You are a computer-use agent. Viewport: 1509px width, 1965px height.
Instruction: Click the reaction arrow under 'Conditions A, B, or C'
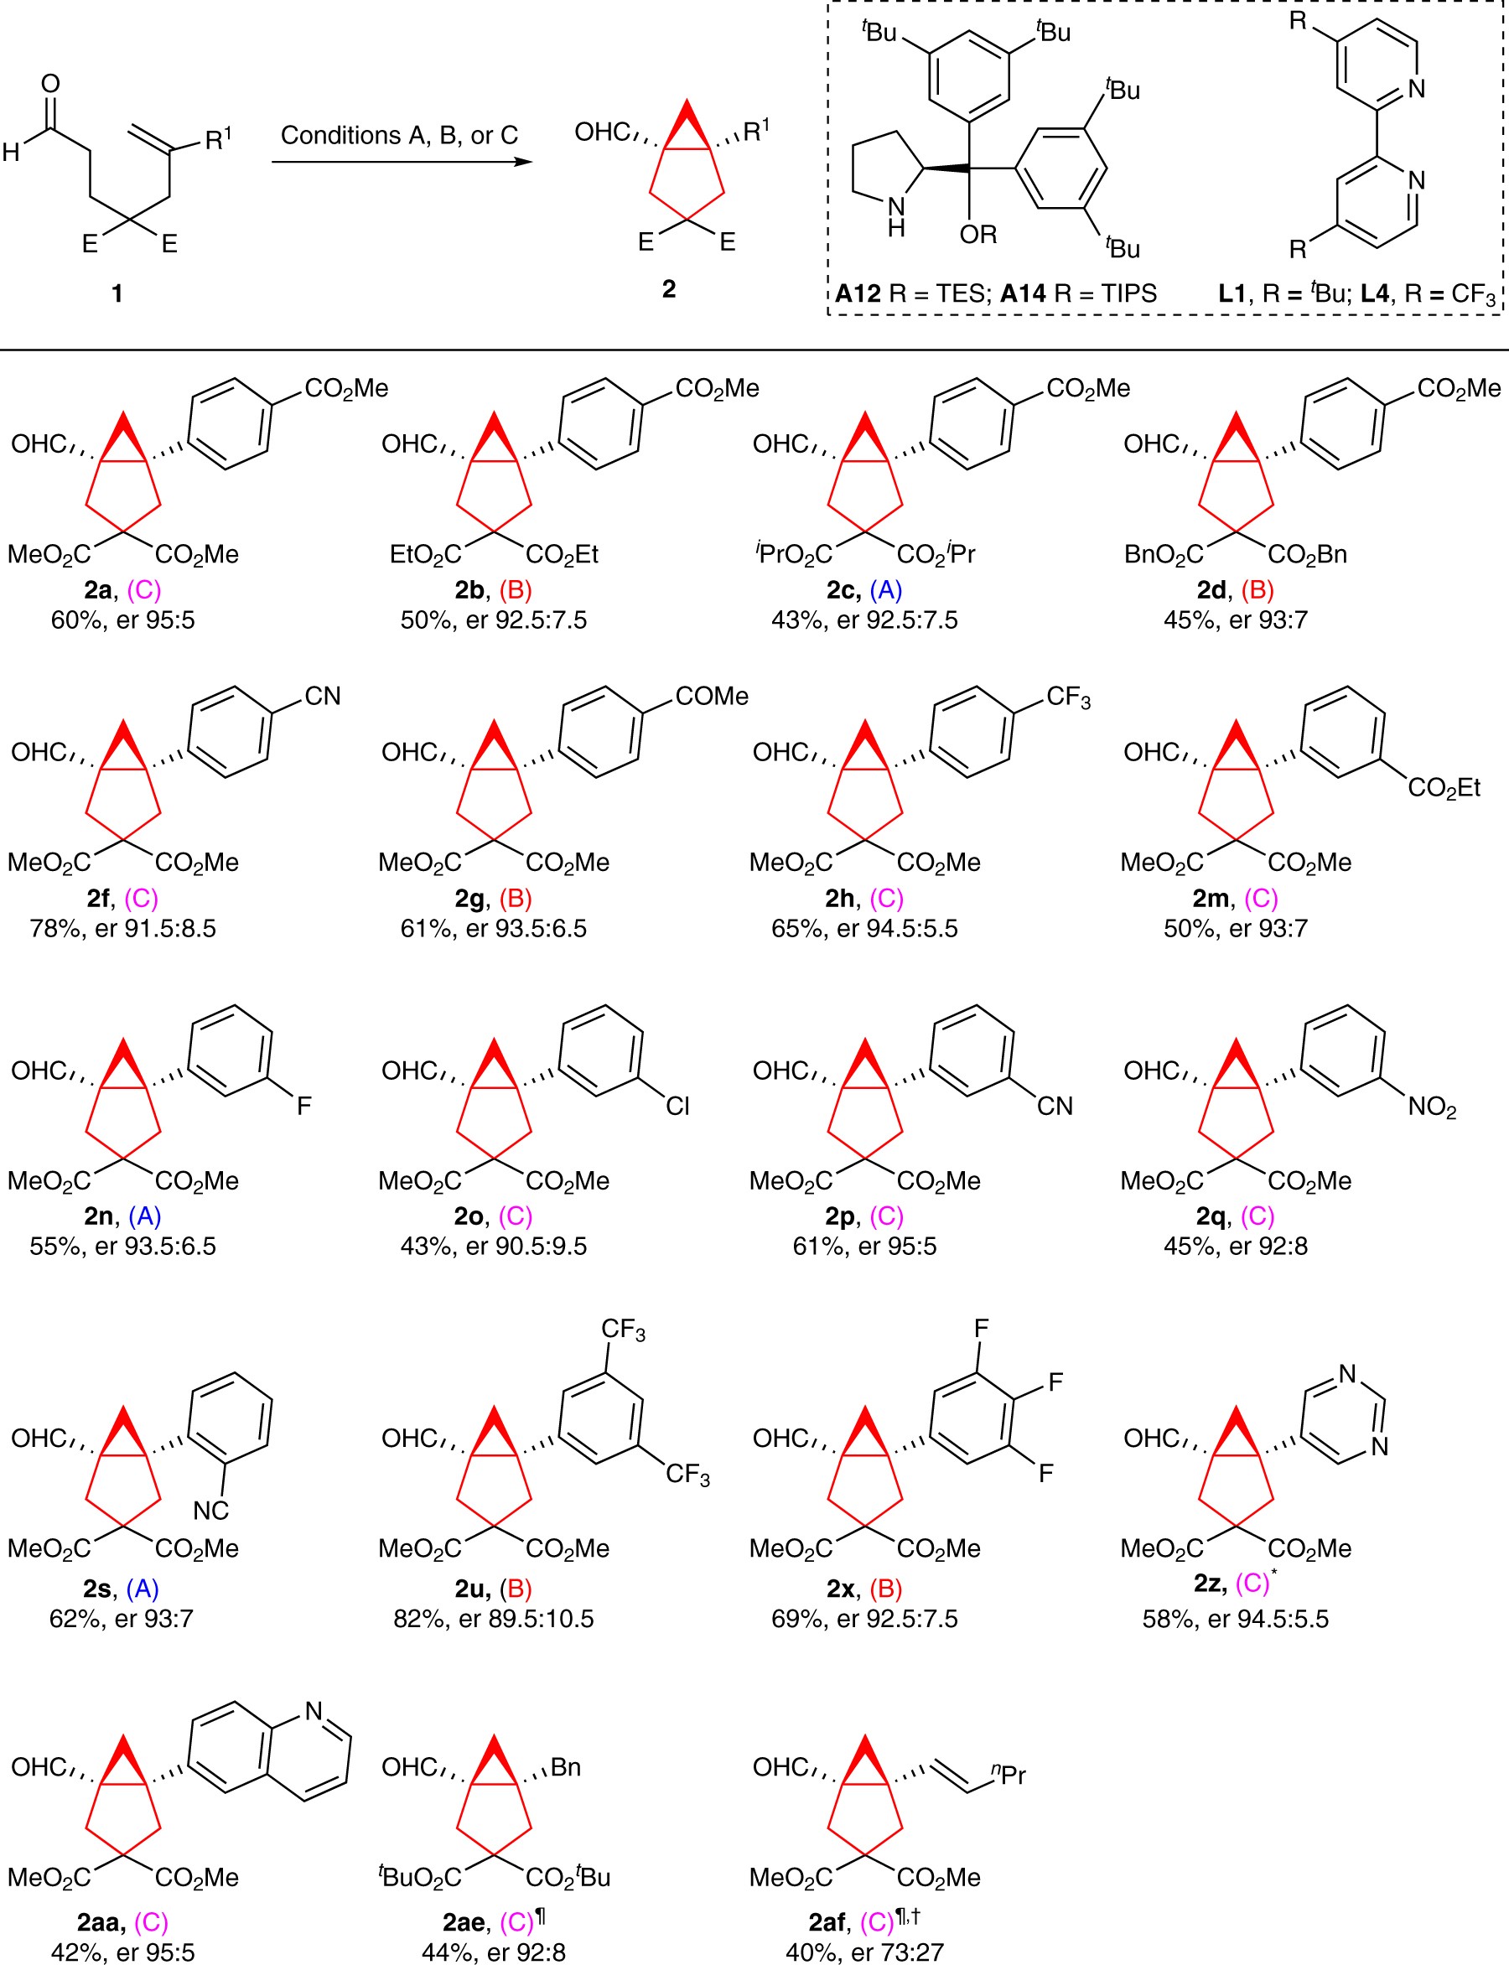tap(402, 163)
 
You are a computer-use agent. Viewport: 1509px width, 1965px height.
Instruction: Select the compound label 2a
tap(97, 590)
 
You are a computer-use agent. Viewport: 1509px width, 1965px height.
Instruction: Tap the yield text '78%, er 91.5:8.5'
tap(123, 928)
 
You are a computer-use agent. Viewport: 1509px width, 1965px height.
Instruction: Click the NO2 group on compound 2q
tap(1432, 1107)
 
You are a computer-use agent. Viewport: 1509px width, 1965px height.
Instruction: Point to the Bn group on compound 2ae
tap(565, 1767)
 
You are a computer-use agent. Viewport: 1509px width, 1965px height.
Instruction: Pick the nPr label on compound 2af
tap(1009, 1775)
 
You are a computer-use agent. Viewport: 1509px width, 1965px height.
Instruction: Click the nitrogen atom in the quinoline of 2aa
tap(314, 1711)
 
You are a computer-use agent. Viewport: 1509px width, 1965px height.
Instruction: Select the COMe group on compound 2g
tap(712, 696)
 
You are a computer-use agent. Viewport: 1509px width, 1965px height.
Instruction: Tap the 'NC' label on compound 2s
tap(211, 1511)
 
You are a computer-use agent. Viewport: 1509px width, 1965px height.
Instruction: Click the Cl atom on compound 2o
tap(677, 1107)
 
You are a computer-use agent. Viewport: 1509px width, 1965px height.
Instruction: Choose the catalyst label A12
tap(858, 293)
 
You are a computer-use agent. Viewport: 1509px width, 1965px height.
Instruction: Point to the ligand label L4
tap(1374, 293)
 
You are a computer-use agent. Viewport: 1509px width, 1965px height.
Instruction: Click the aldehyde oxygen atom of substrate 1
tap(50, 84)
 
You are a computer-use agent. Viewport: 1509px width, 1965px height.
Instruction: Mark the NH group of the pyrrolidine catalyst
tap(895, 216)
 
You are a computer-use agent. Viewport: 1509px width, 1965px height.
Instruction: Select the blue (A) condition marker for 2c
tap(885, 590)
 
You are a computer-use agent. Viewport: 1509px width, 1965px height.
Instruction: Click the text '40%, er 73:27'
tap(864, 1952)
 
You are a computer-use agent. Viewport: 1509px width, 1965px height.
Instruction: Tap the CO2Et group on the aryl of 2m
tap(1444, 788)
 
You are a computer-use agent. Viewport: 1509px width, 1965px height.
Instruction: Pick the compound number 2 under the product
tap(668, 288)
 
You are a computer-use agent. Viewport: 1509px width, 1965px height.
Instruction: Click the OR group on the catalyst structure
tap(978, 235)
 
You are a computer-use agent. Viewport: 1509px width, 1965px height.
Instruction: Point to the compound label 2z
tap(1208, 1584)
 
